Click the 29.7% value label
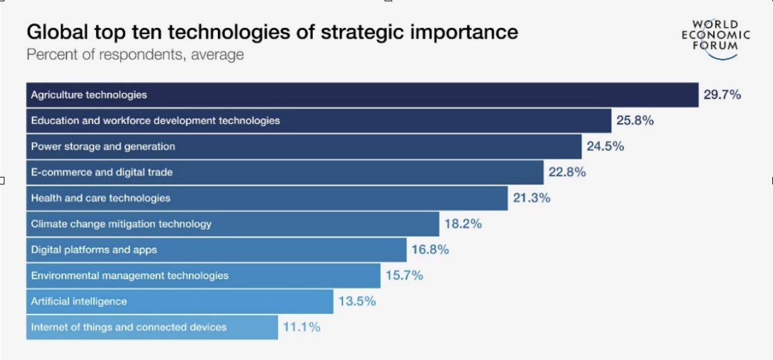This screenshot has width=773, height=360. (x=722, y=95)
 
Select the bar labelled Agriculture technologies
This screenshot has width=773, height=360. (x=362, y=95)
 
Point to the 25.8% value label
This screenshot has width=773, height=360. (x=635, y=121)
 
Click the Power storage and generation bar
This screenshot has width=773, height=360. (x=303, y=147)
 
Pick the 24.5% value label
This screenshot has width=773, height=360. (x=605, y=147)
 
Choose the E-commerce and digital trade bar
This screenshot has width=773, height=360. (x=284, y=172)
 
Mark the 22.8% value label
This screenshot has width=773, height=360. (x=567, y=172)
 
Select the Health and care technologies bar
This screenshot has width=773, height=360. (x=267, y=198)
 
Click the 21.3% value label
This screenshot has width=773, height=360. (x=531, y=198)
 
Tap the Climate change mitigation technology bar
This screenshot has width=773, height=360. (x=232, y=224)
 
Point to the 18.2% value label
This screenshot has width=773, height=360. (x=463, y=224)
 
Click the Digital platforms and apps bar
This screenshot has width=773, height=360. (x=216, y=250)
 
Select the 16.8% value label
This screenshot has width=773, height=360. (x=430, y=250)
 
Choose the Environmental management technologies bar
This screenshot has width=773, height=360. (x=203, y=276)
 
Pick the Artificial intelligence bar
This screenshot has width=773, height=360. (x=179, y=302)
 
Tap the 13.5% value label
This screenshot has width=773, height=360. (x=357, y=302)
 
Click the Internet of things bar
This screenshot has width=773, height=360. (x=152, y=328)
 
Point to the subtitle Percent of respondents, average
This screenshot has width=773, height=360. (x=135, y=55)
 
